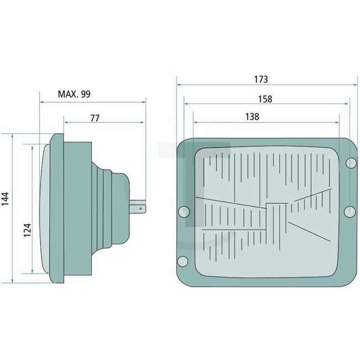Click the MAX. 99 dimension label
click(x=74, y=94)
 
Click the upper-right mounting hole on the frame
click(x=350, y=162)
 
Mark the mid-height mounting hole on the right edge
click(x=349, y=211)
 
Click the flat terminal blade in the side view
click(x=138, y=208)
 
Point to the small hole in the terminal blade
click(x=142, y=208)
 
